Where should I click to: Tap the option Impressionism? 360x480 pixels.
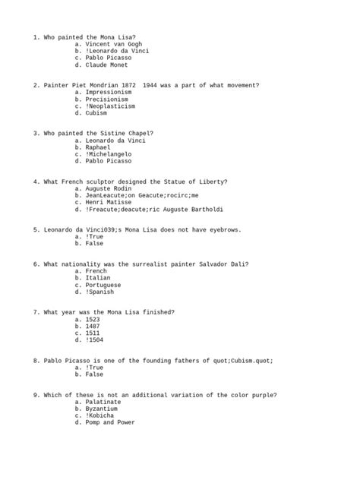click(109, 92)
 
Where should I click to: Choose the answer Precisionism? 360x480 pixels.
click(107, 99)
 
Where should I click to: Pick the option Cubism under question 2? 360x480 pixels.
click(96, 113)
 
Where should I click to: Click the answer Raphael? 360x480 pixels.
click(98, 147)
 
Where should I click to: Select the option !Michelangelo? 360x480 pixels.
click(110, 154)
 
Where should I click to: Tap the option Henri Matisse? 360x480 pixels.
click(110, 202)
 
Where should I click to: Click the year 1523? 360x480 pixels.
click(93, 319)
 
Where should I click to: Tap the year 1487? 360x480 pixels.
click(93, 326)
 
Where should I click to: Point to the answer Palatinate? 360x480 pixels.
click(105, 402)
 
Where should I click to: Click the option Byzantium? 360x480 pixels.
click(103, 409)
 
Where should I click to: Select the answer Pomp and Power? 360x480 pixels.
click(110, 422)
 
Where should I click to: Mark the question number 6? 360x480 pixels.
click(36, 264)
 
